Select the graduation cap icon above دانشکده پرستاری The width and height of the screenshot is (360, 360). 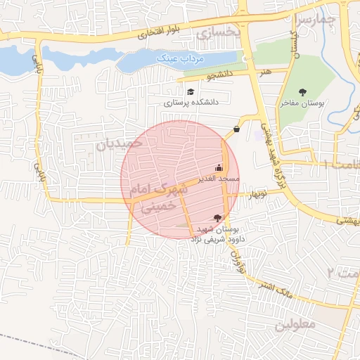[191, 91]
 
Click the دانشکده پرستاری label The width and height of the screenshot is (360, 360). [192, 103]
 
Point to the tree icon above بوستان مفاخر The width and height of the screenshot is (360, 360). [303, 92]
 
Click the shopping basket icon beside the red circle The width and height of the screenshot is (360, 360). [236, 128]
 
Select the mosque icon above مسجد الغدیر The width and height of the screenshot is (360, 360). [219, 167]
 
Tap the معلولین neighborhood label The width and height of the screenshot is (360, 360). [298, 326]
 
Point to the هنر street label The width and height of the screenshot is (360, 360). [265, 71]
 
